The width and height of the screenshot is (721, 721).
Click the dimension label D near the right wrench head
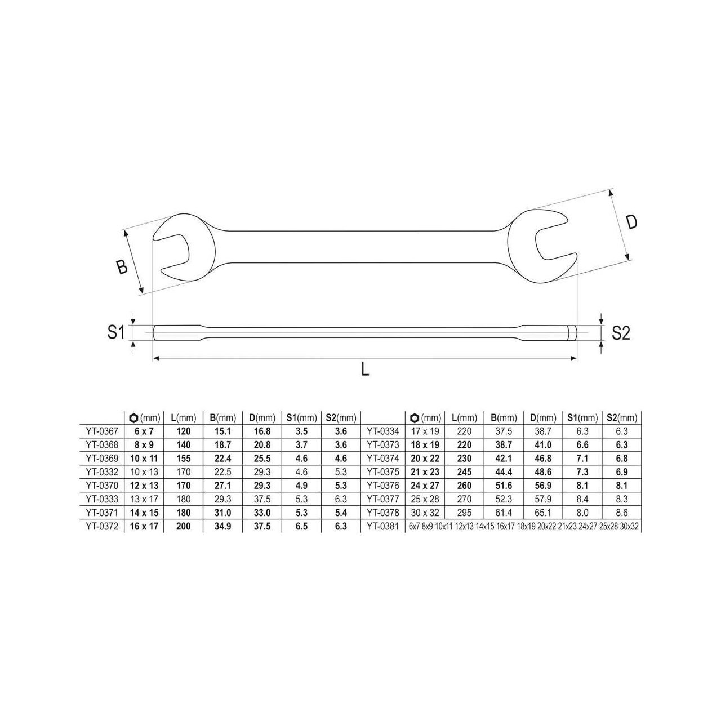pyautogui.click(x=631, y=222)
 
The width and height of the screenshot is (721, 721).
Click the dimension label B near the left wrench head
pyautogui.click(x=122, y=267)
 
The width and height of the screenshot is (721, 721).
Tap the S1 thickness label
pyautogui.click(x=116, y=332)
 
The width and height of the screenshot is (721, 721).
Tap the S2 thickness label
pyautogui.click(x=621, y=333)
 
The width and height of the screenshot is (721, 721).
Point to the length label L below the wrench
pyautogui.click(x=365, y=370)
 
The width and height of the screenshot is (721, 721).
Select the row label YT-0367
pyautogui.click(x=102, y=431)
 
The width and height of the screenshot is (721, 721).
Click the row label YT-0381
pyautogui.click(x=383, y=526)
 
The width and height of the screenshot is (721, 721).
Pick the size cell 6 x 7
pyautogui.click(x=144, y=431)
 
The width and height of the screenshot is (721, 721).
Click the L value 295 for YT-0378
pyautogui.click(x=464, y=513)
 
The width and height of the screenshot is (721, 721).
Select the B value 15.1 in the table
pyautogui.click(x=222, y=431)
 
